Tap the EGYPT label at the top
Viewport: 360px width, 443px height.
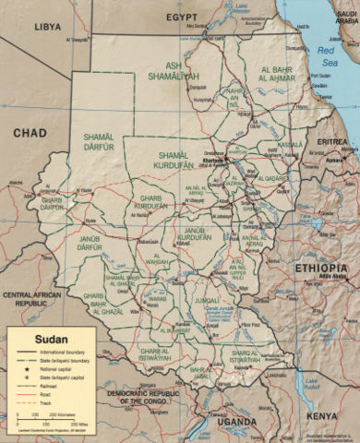pyautogui.click(x=183, y=18)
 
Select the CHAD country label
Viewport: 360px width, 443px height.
pyautogui.click(x=30, y=134)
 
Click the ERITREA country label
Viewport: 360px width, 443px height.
pyautogui.click(x=332, y=141)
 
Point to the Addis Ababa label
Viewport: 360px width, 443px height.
pyautogui.click(x=331, y=276)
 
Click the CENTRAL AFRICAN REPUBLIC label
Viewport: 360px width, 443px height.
pyautogui.click(x=34, y=298)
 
